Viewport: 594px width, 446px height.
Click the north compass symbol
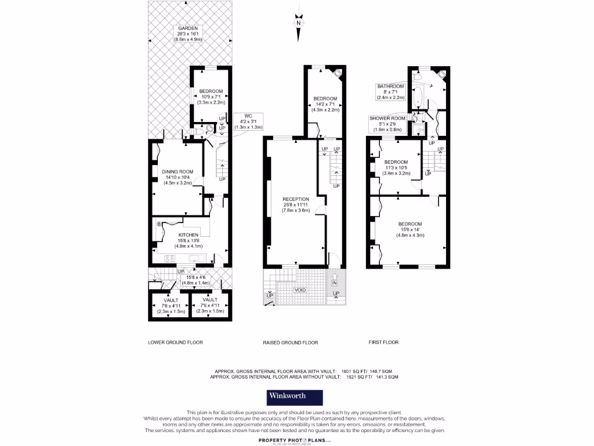click(x=298, y=22)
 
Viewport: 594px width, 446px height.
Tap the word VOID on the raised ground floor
click(x=300, y=289)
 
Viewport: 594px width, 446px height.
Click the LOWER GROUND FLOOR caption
click(x=176, y=343)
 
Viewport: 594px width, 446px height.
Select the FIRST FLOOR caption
click(x=383, y=343)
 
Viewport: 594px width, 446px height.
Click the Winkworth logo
click(x=295, y=397)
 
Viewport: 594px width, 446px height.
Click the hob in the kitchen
click(x=171, y=258)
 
